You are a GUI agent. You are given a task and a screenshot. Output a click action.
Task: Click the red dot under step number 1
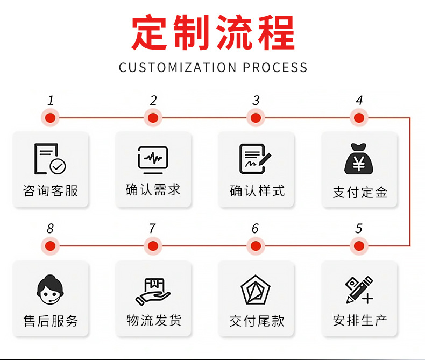(x=51, y=117)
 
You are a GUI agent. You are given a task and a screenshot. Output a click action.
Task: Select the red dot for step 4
(x=359, y=117)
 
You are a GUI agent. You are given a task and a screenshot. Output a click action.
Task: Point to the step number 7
(x=152, y=228)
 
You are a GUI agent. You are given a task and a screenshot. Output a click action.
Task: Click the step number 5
(x=359, y=228)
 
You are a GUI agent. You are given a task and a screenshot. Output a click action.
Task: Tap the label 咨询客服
(x=51, y=190)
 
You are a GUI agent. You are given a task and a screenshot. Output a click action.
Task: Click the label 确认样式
(x=257, y=190)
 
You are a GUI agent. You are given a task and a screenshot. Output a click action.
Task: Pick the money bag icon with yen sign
(x=359, y=159)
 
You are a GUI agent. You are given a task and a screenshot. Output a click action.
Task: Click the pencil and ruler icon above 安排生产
(x=359, y=290)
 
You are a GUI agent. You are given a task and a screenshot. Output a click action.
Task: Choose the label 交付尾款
(x=257, y=321)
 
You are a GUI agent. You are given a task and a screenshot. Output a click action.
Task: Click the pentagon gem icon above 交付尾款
(x=256, y=290)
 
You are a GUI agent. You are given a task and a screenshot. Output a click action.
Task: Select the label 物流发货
(x=154, y=321)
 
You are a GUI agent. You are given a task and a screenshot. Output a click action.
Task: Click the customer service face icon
(x=50, y=290)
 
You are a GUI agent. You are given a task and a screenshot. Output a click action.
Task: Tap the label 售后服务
(x=51, y=321)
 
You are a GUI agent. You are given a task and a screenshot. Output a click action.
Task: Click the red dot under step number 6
(x=256, y=246)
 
